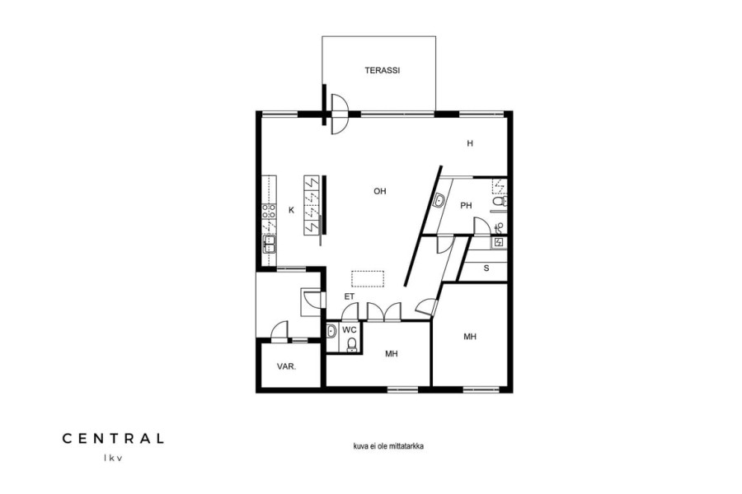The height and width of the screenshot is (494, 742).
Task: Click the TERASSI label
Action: coord(383,71)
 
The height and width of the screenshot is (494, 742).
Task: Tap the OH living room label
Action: coord(380,192)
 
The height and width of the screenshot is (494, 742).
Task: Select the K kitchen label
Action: coord(292,211)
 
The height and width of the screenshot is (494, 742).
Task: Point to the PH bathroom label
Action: coord(466,206)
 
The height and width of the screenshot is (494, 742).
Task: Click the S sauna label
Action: coord(486,268)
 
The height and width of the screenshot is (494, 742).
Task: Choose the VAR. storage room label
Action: coord(287,366)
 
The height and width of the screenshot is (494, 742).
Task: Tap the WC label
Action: coord(350,329)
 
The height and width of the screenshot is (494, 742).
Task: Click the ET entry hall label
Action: coord(350,297)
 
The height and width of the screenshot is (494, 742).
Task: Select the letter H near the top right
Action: coord(470,144)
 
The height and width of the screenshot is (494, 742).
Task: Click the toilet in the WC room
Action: coord(351,345)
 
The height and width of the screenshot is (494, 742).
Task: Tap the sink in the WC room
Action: coord(331,330)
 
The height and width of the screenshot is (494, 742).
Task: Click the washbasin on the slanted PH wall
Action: coord(439,201)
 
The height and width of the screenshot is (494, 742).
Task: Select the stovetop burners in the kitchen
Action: coord(270,212)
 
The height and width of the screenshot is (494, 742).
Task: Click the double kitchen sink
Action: coord(270,244)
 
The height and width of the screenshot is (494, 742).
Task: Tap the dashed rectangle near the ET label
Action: coord(368,279)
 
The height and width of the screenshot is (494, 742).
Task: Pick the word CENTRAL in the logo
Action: coord(113,439)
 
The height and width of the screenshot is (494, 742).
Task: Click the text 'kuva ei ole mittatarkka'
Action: coord(388,445)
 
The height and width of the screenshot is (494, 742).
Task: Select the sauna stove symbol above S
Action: coord(499,243)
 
